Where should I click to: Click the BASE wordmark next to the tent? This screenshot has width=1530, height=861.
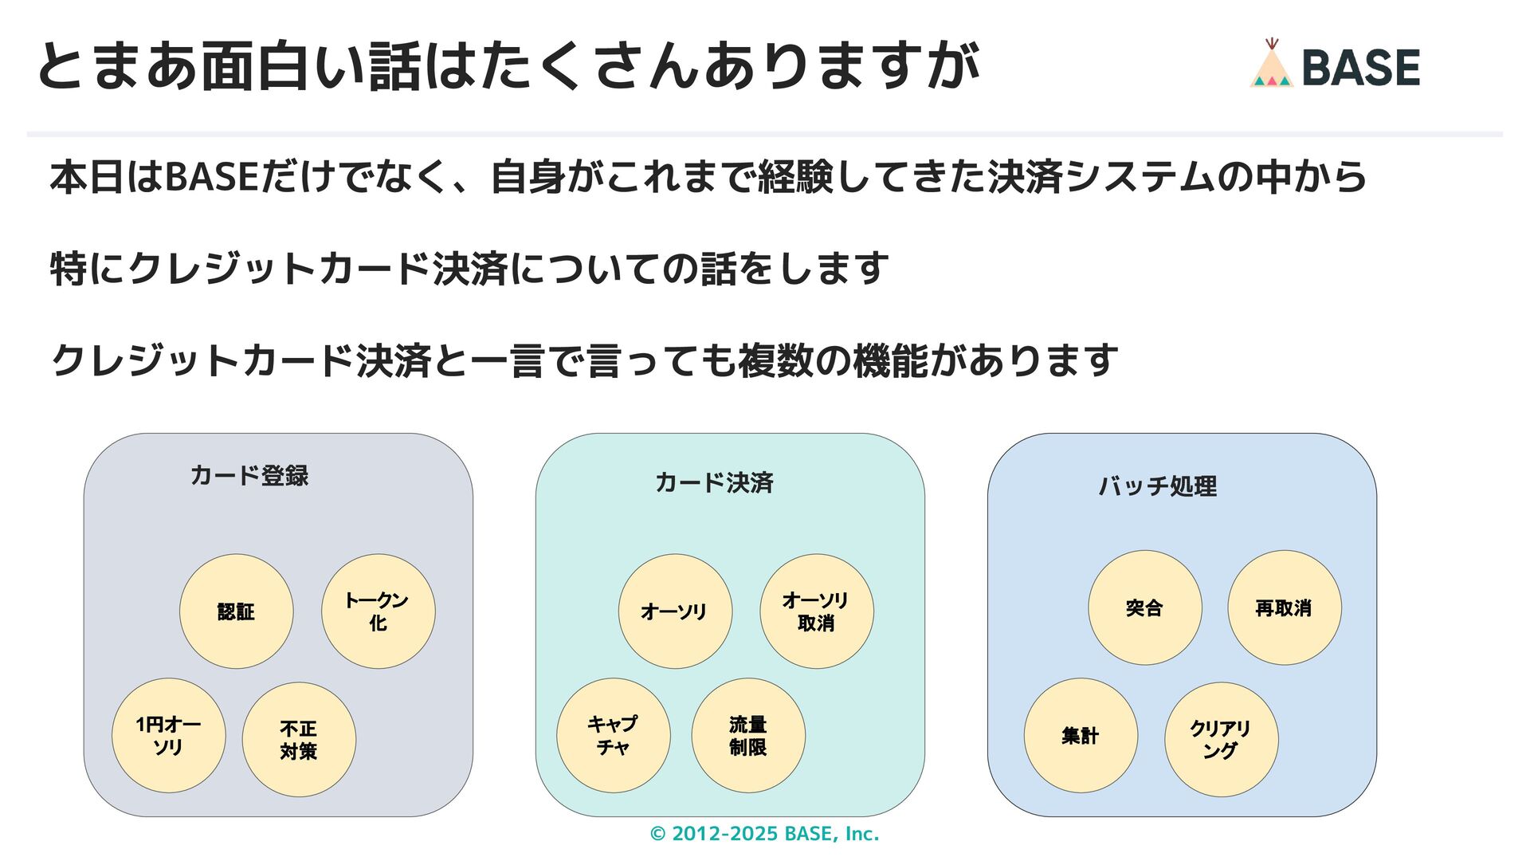pyautogui.click(x=1360, y=67)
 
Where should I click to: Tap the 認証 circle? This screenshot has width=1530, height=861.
pyautogui.click(x=236, y=611)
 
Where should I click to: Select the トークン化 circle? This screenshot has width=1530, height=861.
pyautogui.click(x=378, y=611)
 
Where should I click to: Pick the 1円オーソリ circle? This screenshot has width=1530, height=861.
pyautogui.click(x=168, y=736)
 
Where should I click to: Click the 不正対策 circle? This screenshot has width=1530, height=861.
pyautogui.click(x=299, y=740)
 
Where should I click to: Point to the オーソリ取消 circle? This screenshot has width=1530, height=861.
pyautogui.click(x=816, y=611)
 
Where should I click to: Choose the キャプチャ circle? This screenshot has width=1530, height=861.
pyautogui.click(x=613, y=736)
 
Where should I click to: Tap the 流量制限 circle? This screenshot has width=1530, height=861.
pyautogui.click(x=747, y=736)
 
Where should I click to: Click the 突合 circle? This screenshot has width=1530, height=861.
pyautogui.click(x=1144, y=607)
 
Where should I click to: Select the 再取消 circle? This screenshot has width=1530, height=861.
pyautogui.click(x=1284, y=607)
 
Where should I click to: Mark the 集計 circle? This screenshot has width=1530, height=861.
pyautogui.click(x=1080, y=736)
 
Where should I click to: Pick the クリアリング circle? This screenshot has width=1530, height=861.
pyautogui.click(x=1221, y=740)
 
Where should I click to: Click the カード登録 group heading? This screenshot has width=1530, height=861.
pyautogui.click(x=249, y=476)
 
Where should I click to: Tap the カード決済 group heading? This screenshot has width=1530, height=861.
pyautogui.click(x=714, y=482)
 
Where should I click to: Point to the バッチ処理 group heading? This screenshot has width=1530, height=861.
pyautogui.click(x=1158, y=486)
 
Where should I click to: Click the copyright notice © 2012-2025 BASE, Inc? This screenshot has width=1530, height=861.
pyautogui.click(x=764, y=834)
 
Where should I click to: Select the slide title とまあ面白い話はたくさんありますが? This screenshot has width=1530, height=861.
pyautogui.click(x=508, y=65)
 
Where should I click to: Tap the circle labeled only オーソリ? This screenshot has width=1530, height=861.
pyautogui.click(x=674, y=611)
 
